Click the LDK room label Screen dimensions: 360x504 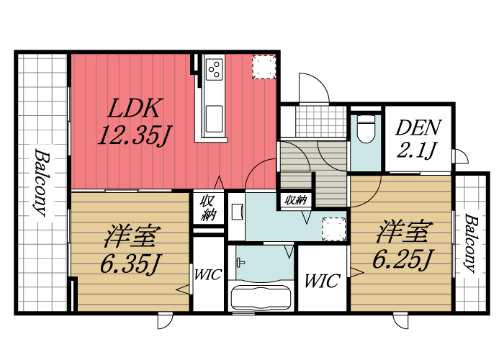(133, 109)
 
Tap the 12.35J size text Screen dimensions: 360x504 (133, 135)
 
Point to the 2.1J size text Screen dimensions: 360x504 (418, 150)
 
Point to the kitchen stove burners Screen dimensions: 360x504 (215, 69)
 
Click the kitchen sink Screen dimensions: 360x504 (215, 115)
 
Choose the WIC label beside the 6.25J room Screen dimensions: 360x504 (321, 281)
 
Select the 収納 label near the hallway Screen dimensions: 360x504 (296, 199)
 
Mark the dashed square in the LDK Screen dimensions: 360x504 (263, 67)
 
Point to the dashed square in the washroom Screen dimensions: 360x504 (333, 228)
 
